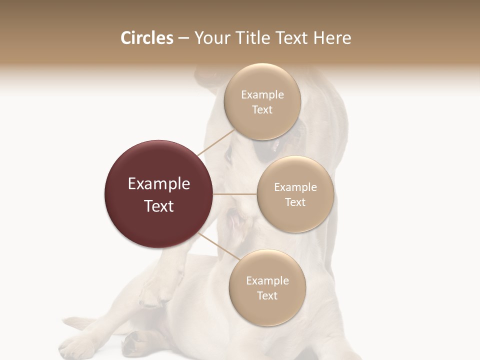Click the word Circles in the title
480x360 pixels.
(146, 38)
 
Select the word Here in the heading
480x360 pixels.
(332, 38)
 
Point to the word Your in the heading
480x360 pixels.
(210, 38)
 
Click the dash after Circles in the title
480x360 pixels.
(183, 38)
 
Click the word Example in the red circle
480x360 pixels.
(159, 184)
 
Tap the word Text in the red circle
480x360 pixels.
(159, 206)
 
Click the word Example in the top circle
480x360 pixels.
(262, 95)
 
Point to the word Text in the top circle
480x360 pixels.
(262, 110)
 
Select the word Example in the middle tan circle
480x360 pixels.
(295, 187)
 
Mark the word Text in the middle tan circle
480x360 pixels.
(295, 202)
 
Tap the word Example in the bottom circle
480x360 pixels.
(267, 281)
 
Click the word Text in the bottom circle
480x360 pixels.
(267, 296)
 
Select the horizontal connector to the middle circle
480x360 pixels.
(235, 194)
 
